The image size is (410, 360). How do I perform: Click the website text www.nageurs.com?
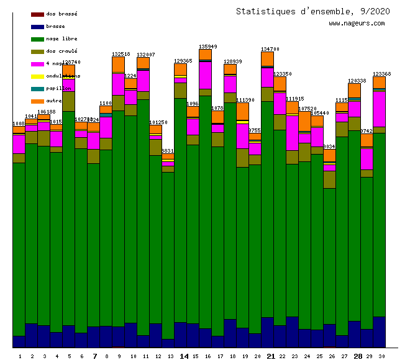tap(357, 24)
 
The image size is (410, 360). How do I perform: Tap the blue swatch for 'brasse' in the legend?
tap(37, 27)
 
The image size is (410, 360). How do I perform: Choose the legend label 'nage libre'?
tap(61, 38)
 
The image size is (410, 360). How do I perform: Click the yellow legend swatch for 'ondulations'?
tap(37, 76)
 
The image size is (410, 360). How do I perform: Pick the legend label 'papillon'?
tap(59, 88)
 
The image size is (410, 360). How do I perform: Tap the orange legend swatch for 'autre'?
tap(37, 101)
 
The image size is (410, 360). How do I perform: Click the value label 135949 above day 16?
tap(208, 47)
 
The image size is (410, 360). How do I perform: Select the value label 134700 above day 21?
tap(270, 49)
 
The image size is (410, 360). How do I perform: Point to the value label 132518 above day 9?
tap(121, 54)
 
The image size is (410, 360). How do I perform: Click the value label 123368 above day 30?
tap(382, 74)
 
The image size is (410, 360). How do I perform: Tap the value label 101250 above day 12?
tap(158, 122)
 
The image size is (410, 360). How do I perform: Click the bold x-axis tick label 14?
tap(184, 356)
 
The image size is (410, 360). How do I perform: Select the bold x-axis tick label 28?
tap(358, 356)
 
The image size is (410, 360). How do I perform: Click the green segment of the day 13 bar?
tap(168, 254)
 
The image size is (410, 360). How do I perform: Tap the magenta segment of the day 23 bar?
tap(292, 133)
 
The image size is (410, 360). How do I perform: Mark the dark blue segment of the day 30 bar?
tap(379, 332)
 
